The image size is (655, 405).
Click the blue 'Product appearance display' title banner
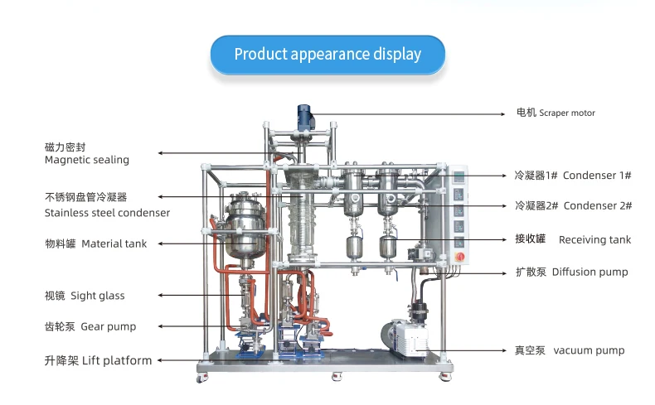tap(327, 55)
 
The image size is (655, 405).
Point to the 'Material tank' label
tap(96, 243)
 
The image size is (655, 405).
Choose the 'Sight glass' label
tap(84, 295)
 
